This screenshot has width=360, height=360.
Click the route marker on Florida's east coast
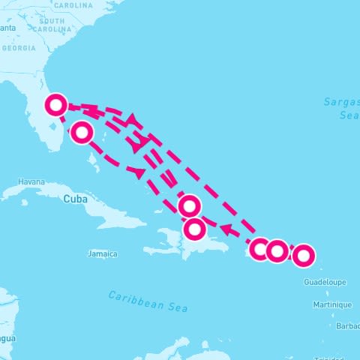pos(55,104)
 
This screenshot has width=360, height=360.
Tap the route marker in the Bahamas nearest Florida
pos(82,133)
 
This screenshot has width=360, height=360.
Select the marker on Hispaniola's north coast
pos(195,229)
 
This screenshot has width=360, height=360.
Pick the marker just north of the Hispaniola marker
pos(190,205)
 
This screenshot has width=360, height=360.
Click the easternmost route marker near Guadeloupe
pos(303,256)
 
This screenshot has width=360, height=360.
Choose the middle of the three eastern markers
pos(277,250)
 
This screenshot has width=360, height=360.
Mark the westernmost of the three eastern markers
pos(259,249)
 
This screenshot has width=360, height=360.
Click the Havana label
pos(31,181)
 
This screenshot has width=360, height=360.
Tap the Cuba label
pos(75,199)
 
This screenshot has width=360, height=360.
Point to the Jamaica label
pos(103,253)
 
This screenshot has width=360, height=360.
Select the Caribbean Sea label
pos(148,301)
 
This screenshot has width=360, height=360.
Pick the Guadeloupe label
pos(325,282)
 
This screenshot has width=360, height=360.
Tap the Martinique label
pos(332,304)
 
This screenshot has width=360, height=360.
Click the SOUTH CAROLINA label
pos(52,25)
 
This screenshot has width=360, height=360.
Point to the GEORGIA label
pos(19,48)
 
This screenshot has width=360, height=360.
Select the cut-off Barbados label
pos(349,327)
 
